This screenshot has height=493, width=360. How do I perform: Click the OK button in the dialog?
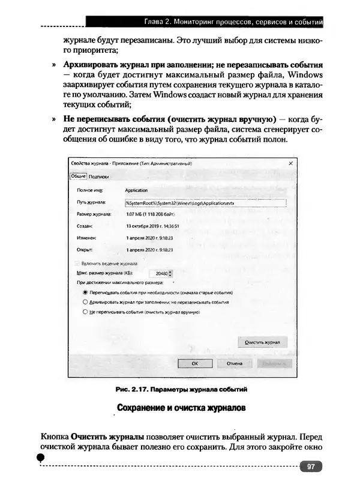[194, 363]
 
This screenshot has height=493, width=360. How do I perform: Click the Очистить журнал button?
[262, 342]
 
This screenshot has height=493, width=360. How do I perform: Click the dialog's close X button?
[291, 163]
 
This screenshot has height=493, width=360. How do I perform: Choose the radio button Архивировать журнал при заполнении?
[85, 302]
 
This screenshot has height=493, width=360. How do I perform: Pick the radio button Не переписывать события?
[85, 312]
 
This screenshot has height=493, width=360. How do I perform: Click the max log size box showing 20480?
[159, 273]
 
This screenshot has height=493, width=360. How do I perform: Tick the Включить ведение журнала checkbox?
[76, 263]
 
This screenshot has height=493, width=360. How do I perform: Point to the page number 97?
[311, 467]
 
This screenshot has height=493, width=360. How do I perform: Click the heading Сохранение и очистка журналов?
[181, 408]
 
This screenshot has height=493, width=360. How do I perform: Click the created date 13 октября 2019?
[149, 226]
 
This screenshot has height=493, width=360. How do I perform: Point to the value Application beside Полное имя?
[136, 190]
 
